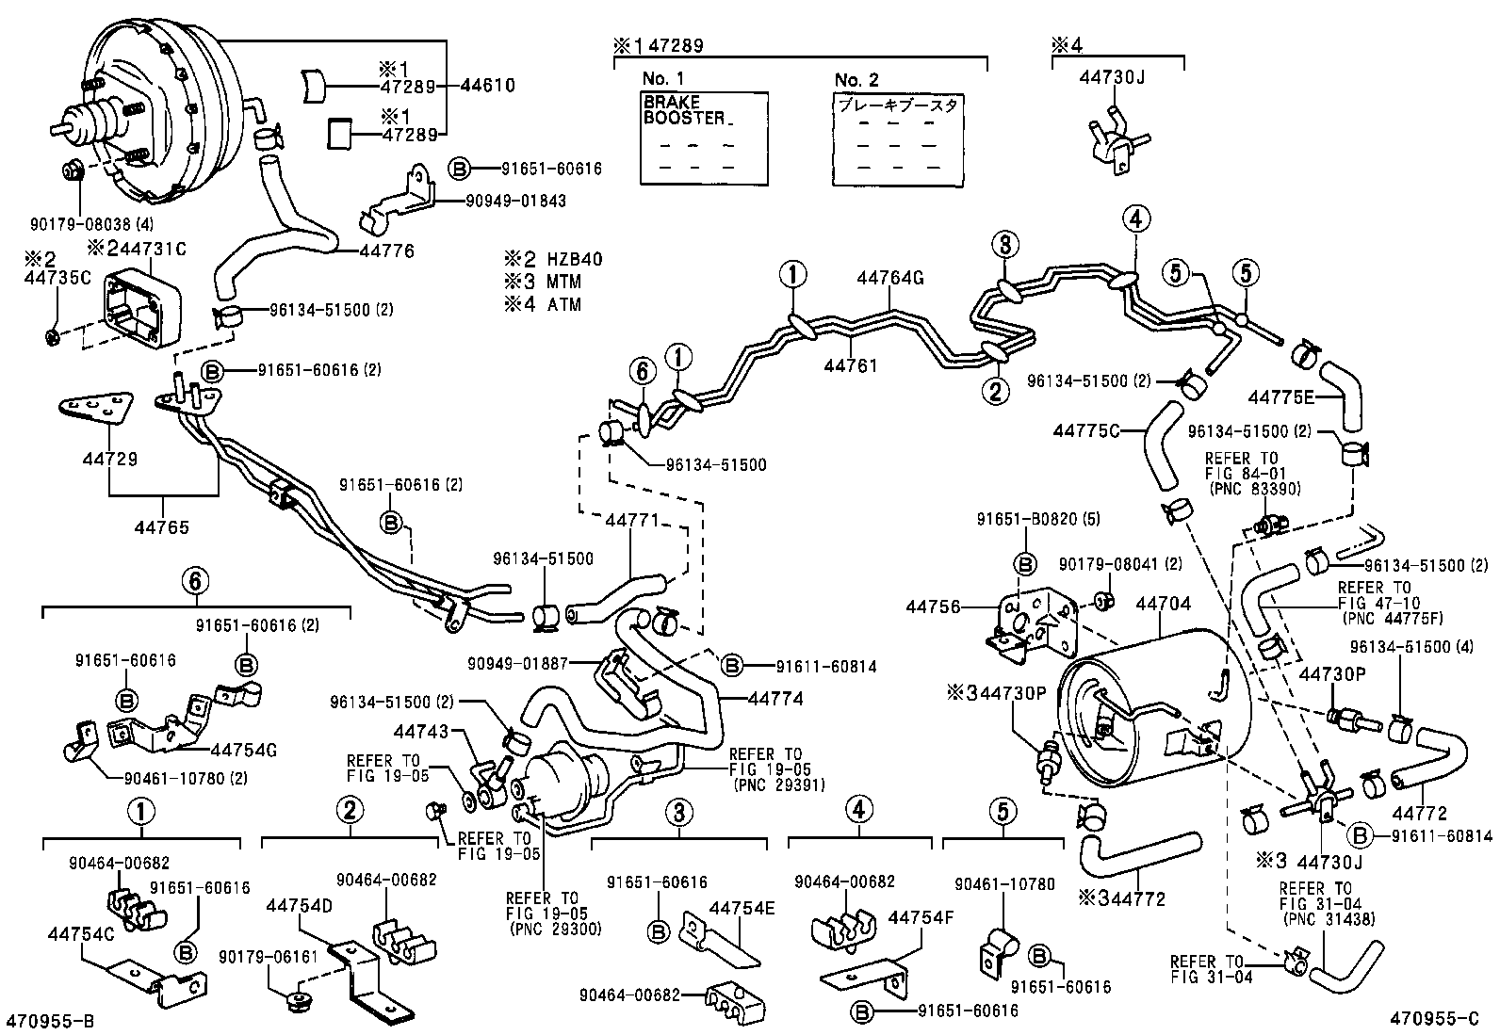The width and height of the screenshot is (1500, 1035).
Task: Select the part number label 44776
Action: tap(385, 251)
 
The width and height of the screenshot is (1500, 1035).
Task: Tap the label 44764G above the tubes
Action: tap(889, 278)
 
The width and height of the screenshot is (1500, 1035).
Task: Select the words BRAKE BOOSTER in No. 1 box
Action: tap(684, 109)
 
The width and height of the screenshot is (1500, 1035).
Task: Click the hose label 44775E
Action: tap(1280, 396)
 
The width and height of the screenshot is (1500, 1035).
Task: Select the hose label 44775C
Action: tap(1085, 430)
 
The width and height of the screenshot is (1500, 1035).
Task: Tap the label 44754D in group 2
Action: tap(299, 905)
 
